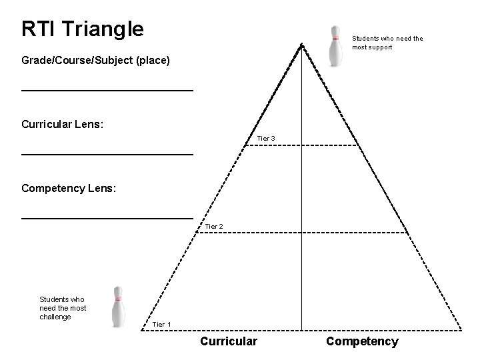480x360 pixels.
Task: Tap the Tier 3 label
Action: (266, 139)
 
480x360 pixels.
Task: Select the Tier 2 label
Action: (213, 227)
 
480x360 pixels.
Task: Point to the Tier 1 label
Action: (162, 325)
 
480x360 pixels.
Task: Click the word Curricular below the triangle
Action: (229, 341)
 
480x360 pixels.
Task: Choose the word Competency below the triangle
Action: (362, 341)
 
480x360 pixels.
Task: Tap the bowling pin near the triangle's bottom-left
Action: (118, 307)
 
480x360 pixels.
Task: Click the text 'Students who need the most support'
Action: (387, 43)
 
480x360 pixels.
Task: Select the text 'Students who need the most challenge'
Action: (63, 308)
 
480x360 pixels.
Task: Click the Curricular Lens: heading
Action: (62, 125)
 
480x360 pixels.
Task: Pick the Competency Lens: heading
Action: (69, 189)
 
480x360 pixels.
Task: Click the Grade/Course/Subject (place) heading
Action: (95, 61)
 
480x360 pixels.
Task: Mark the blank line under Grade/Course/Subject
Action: (107, 89)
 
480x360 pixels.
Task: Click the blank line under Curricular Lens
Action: (107, 154)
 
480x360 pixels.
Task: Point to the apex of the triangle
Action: (302, 45)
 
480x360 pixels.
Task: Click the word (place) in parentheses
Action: (153, 61)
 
